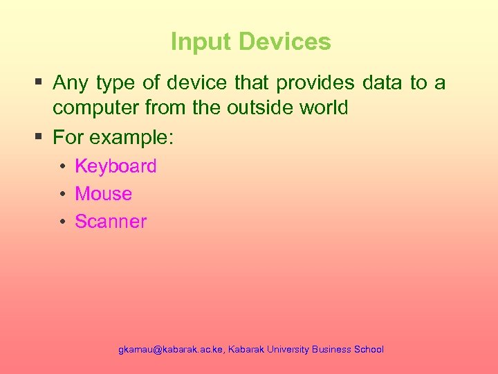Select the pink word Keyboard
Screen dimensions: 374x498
pos(116,166)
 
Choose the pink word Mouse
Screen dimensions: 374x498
pos(103,194)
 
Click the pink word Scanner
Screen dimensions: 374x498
pos(111,222)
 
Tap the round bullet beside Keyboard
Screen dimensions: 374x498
pos(62,167)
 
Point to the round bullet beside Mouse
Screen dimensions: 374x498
pos(62,195)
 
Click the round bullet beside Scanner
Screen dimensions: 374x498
pos(62,222)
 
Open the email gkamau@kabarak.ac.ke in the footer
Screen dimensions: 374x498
pos(171,350)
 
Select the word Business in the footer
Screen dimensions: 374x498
pos(331,350)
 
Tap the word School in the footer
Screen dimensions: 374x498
pos(369,350)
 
